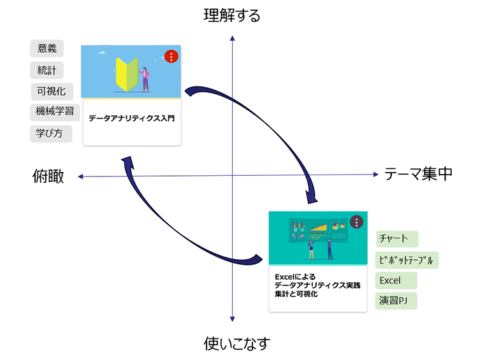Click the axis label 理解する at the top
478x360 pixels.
point(232,15)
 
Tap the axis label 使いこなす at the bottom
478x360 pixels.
point(237,344)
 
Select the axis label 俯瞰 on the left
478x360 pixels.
point(48,176)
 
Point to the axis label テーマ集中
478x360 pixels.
point(418,173)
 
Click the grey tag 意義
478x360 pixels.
point(47,48)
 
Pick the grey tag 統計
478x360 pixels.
point(47,70)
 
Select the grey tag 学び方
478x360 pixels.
point(51,134)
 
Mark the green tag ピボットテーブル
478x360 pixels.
point(407,260)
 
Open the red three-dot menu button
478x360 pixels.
point(171,56)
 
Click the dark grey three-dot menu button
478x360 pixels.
point(356,222)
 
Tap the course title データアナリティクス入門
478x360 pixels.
point(131,118)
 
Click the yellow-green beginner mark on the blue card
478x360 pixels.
point(126,74)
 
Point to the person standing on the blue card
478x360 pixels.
point(146,78)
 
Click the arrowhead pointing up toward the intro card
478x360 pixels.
point(129,163)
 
